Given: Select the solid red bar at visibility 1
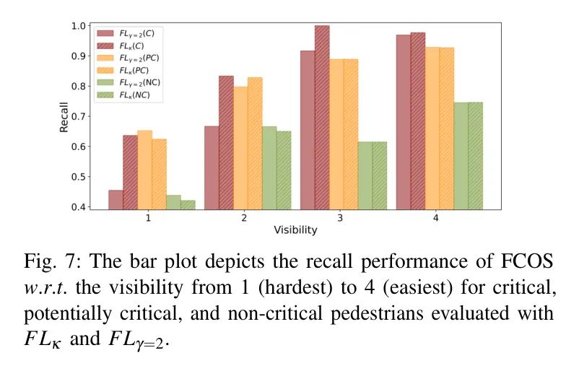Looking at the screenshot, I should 116,200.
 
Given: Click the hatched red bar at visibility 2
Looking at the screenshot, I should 226,143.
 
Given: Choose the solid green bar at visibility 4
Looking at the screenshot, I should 461,156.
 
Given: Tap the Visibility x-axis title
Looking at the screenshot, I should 295,231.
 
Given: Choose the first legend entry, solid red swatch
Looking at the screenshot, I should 106,33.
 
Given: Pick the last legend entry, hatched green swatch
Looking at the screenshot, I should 106,96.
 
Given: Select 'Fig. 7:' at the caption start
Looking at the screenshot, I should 45,261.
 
